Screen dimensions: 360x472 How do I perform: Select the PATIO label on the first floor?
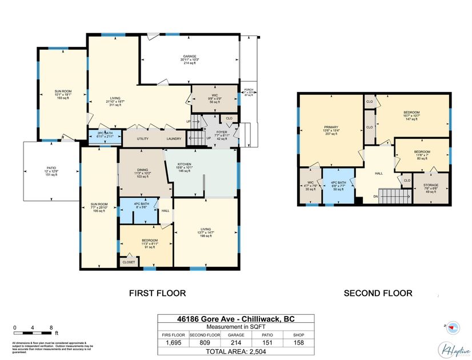pyautogui.click(x=51, y=170)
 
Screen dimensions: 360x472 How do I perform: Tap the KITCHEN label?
pyautogui.click(x=184, y=164)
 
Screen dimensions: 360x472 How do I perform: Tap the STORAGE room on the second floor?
pyautogui.click(x=431, y=186)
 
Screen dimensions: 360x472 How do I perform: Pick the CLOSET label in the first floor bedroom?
pyautogui.click(x=129, y=262)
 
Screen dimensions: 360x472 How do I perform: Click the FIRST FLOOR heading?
pyautogui.click(x=158, y=293)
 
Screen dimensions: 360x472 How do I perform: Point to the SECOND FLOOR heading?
pyautogui.click(x=377, y=293)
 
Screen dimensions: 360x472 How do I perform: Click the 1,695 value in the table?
pyautogui.click(x=174, y=343)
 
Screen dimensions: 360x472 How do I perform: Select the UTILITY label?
pyautogui.click(x=143, y=138)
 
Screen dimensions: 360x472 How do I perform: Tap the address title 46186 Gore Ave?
pyautogui.click(x=236, y=319)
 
